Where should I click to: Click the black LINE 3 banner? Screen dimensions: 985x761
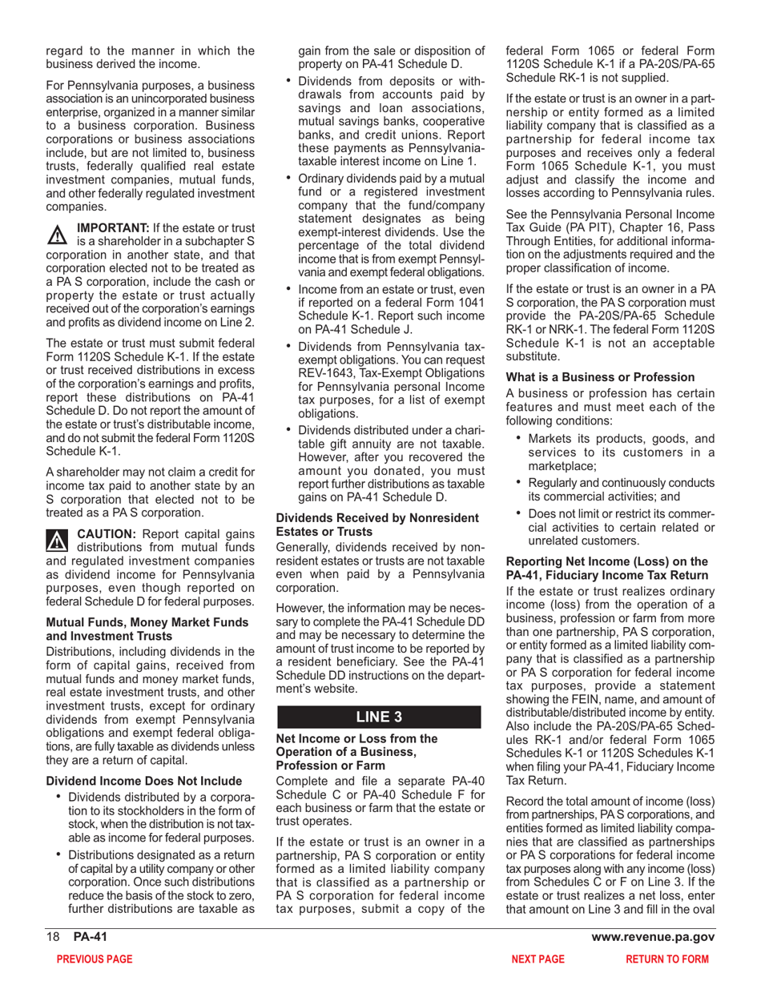click(x=378, y=717)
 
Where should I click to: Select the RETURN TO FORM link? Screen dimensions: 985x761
click(x=667, y=959)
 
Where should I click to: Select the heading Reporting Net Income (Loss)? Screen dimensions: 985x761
click(x=606, y=561)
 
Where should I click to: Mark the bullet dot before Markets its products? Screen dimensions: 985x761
click(x=520, y=438)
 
